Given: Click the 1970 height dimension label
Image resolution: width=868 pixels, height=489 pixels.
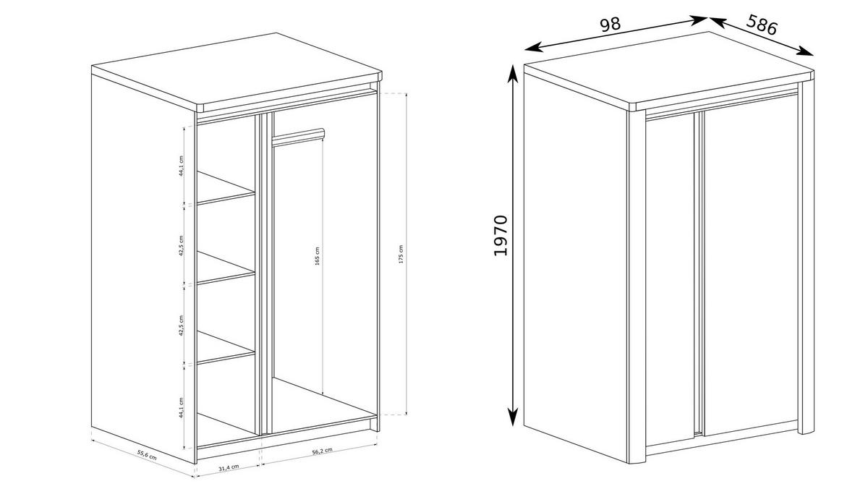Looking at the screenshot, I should click(501, 235).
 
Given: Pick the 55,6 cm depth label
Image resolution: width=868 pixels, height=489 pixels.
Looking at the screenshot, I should click(147, 455).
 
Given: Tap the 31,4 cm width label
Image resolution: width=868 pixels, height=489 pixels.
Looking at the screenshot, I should click(229, 467).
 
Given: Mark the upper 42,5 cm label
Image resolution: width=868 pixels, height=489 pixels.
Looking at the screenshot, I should click(182, 246).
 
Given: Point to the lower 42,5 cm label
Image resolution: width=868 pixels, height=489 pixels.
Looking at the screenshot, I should click(182, 326).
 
